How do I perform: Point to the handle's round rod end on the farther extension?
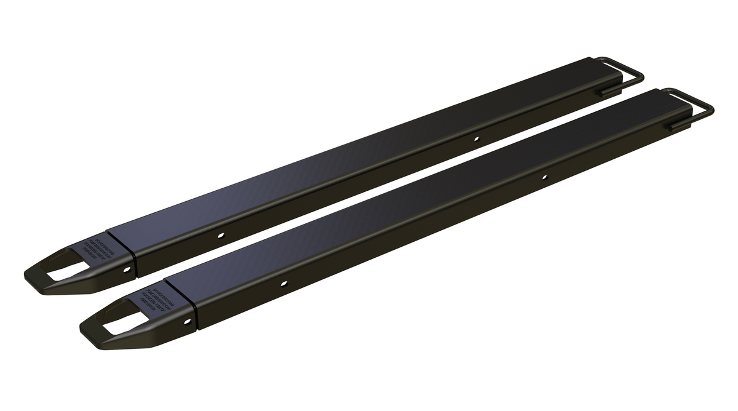(605, 92)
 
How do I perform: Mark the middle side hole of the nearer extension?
(284, 283)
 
